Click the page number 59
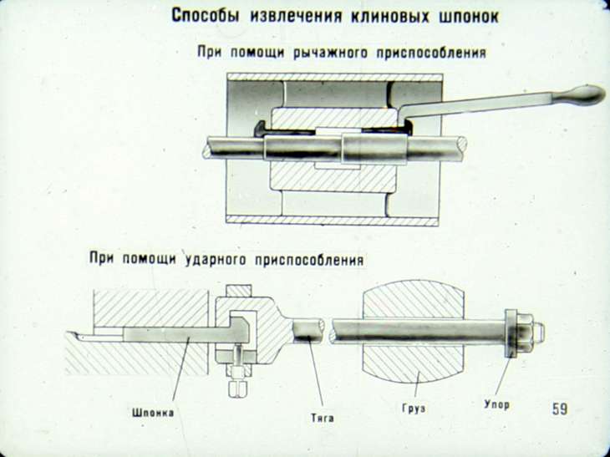[x=559, y=409]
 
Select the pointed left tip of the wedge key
[x=72, y=336]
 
